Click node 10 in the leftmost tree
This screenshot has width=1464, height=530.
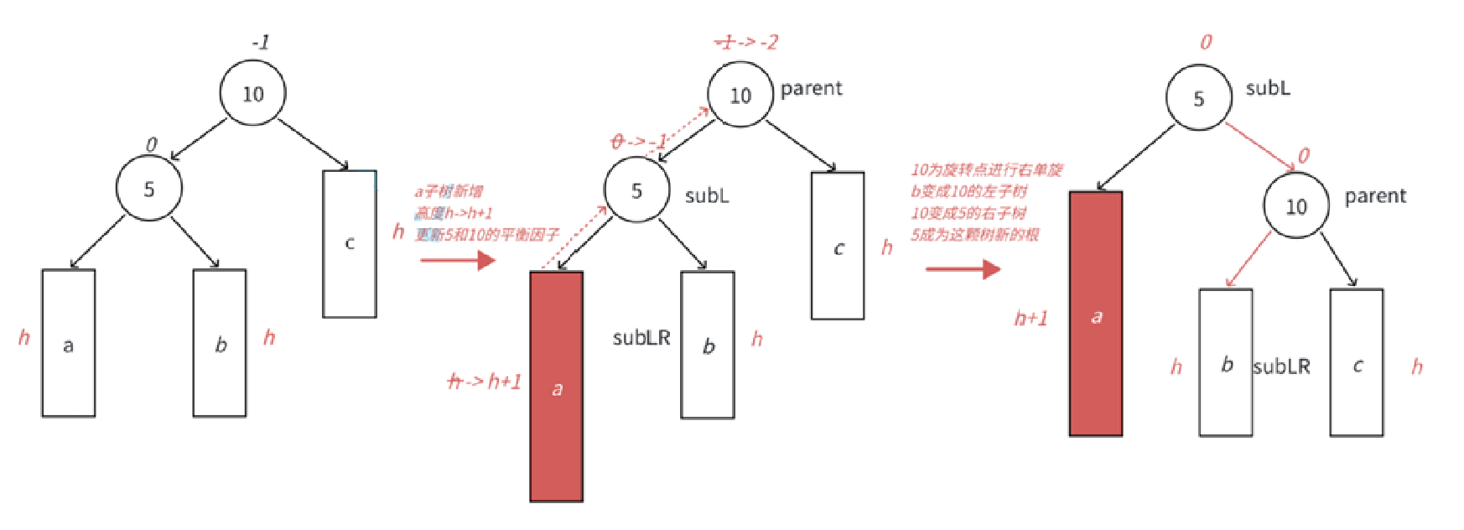click(252, 93)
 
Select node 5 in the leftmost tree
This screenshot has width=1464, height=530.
click(148, 189)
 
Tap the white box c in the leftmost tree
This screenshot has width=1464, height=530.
click(350, 243)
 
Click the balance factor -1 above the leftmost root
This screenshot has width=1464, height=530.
click(261, 42)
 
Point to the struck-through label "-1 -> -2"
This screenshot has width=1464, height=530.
click(745, 42)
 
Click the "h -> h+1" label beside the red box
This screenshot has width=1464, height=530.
click(485, 382)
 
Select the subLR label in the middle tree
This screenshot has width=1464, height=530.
click(641, 338)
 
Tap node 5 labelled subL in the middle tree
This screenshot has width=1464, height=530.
click(637, 190)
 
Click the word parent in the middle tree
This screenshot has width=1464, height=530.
click(811, 88)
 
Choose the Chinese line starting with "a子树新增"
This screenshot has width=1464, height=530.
click(449, 192)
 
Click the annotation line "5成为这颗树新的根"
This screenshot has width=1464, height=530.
click(974, 235)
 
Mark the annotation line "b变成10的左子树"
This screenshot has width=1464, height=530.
click(968, 191)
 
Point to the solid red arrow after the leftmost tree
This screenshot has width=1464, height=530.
click(458, 260)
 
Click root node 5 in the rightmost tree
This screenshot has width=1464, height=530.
click(1198, 98)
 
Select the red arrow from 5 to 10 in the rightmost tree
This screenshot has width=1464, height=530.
click(1259, 146)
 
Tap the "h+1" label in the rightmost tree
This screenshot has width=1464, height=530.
click(1031, 319)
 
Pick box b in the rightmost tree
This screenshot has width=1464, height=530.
click(1225, 362)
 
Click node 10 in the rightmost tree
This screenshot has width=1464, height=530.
click(1296, 206)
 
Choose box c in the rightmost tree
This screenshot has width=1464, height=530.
click(1356, 362)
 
